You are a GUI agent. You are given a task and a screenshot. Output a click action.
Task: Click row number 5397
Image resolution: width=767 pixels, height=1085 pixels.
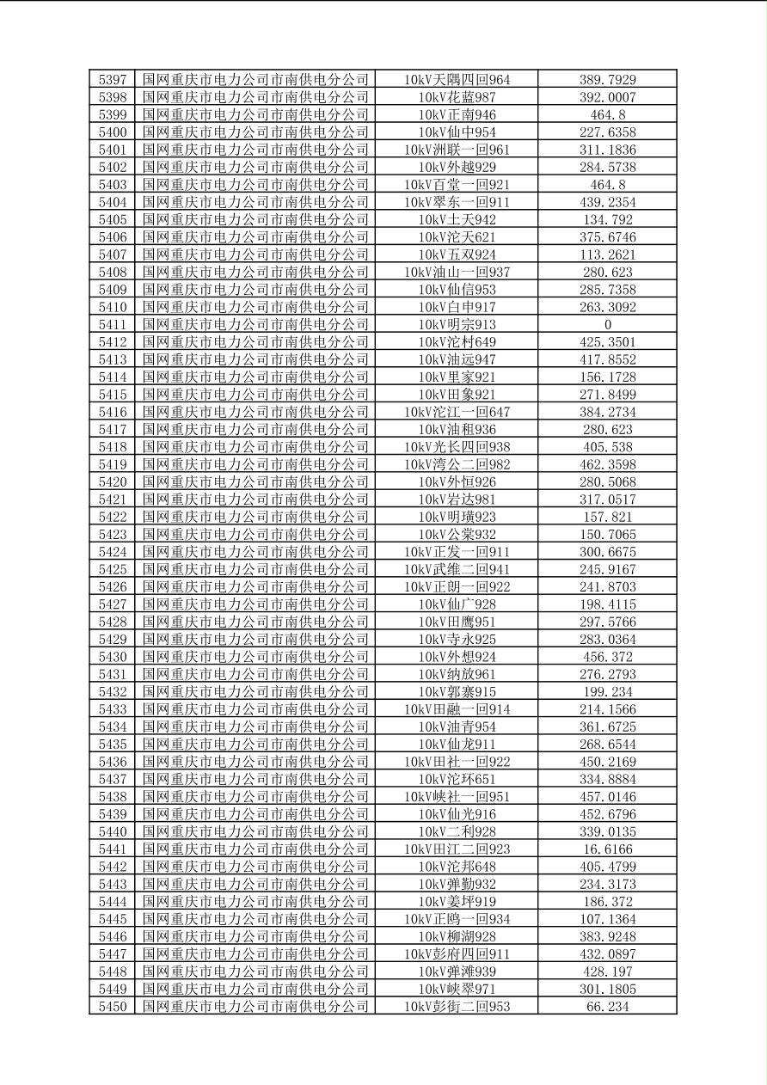[x=113, y=80]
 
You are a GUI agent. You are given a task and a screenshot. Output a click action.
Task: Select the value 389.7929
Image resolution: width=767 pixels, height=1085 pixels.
[x=607, y=80]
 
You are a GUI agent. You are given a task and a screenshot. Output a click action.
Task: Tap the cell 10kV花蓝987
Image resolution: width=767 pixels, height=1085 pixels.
[x=457, y=97]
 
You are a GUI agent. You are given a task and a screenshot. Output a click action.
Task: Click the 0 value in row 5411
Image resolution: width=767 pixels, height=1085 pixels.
[x=607, y=325]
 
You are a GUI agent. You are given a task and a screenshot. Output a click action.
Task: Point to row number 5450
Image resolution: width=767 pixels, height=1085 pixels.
[x=113, y=1007]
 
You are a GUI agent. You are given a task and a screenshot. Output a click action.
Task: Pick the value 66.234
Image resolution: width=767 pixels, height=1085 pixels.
[x=607, y=1007]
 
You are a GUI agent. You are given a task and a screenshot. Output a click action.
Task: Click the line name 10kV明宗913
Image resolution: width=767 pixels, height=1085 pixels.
[x=457, y=325]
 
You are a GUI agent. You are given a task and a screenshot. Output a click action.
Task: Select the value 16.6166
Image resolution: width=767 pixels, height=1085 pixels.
[x=607, y=849]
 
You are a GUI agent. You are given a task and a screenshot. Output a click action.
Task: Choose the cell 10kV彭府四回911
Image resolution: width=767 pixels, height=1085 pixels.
[x=457, y=954]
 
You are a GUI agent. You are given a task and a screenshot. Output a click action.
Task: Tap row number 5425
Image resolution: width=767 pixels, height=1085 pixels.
[x=113, y=569]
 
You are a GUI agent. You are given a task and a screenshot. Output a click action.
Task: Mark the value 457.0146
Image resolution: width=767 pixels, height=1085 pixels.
[x=607, y=797]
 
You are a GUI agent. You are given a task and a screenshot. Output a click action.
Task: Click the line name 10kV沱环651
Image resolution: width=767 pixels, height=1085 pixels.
[x=457, y=779]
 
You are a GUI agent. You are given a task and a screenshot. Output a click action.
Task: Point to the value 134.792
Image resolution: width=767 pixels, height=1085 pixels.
[x=607, y=220]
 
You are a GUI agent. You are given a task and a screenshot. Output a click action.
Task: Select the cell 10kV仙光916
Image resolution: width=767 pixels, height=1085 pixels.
[x=457, y=814]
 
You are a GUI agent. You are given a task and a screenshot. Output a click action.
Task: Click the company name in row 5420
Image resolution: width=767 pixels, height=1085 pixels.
[x=255, y=482]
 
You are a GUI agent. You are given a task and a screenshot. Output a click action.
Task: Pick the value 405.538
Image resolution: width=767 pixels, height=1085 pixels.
[x=607, y=447]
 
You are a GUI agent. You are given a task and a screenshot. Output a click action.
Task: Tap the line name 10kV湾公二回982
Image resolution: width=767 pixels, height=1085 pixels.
[x=457, y=464]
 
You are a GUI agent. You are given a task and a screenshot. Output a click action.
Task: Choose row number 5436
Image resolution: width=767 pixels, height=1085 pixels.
[x=113, y=762]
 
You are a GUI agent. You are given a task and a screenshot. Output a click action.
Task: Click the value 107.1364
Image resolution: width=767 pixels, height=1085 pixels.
[x=607, y=919]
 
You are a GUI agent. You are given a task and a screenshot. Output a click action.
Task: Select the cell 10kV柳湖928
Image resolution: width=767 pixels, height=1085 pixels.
[x=457, y=936]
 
